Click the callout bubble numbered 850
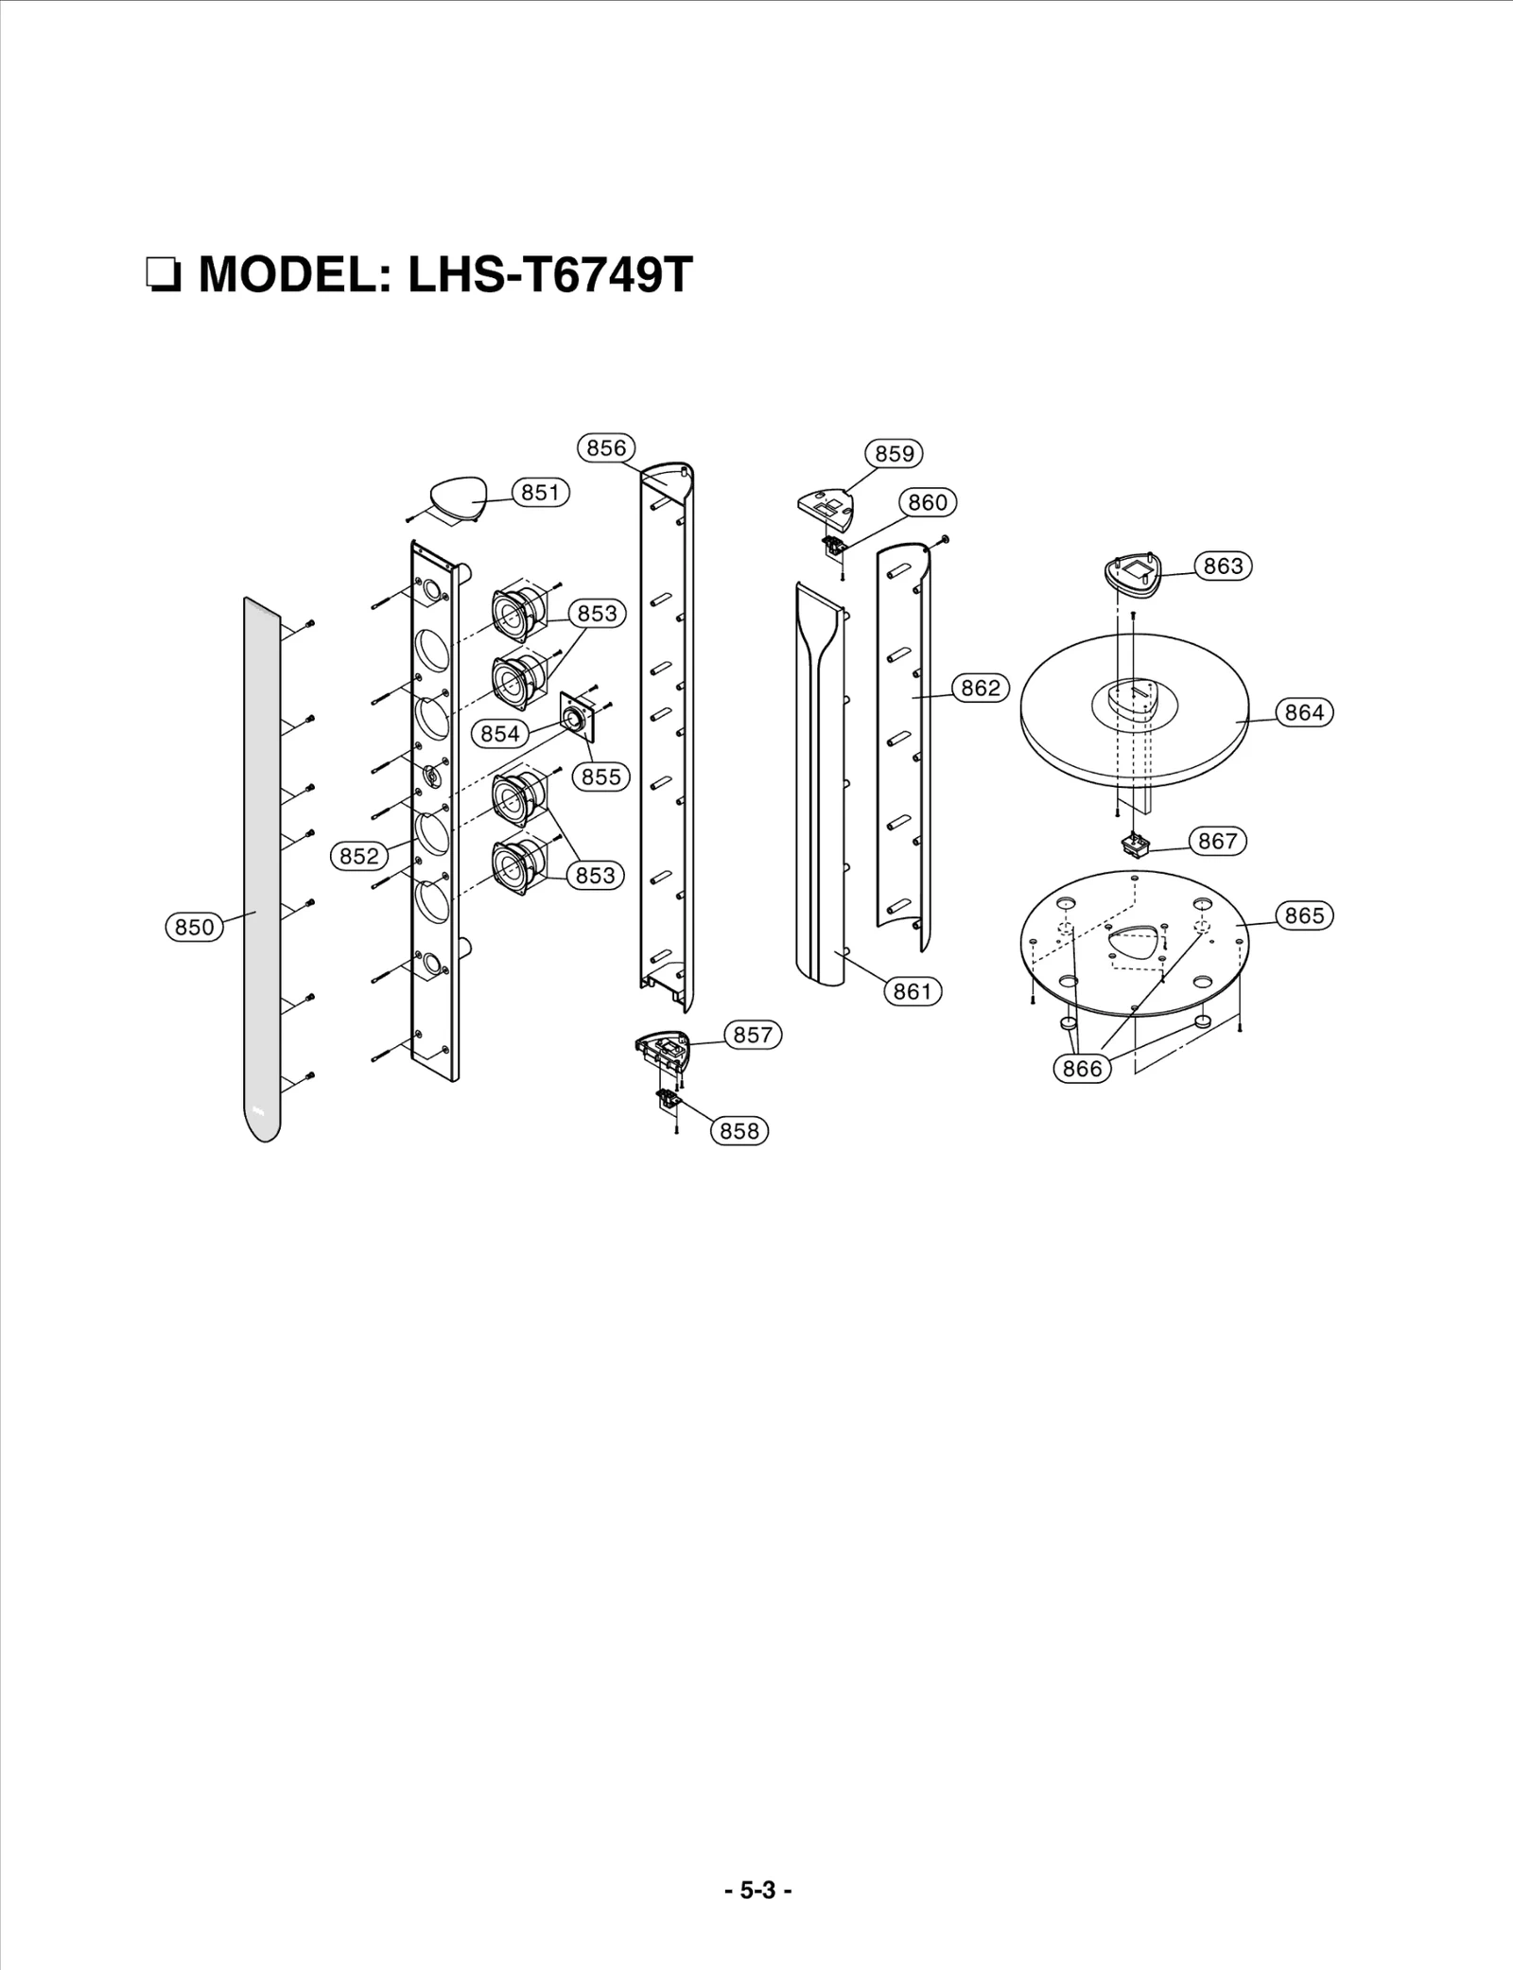[195, 927]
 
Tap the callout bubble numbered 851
[540, 492]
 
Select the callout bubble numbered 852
[359, 856]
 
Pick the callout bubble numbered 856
[606, 447]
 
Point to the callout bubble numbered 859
[894, 453]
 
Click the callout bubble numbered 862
[980, 688]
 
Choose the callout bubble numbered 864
[1304, 712]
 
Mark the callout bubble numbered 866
[1082, 1069]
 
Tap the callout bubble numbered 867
[1217, 841]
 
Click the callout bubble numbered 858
[739, 1130]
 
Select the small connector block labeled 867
[1135, 843]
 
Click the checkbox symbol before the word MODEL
[163, 276]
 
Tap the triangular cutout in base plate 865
[1133, 945]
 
